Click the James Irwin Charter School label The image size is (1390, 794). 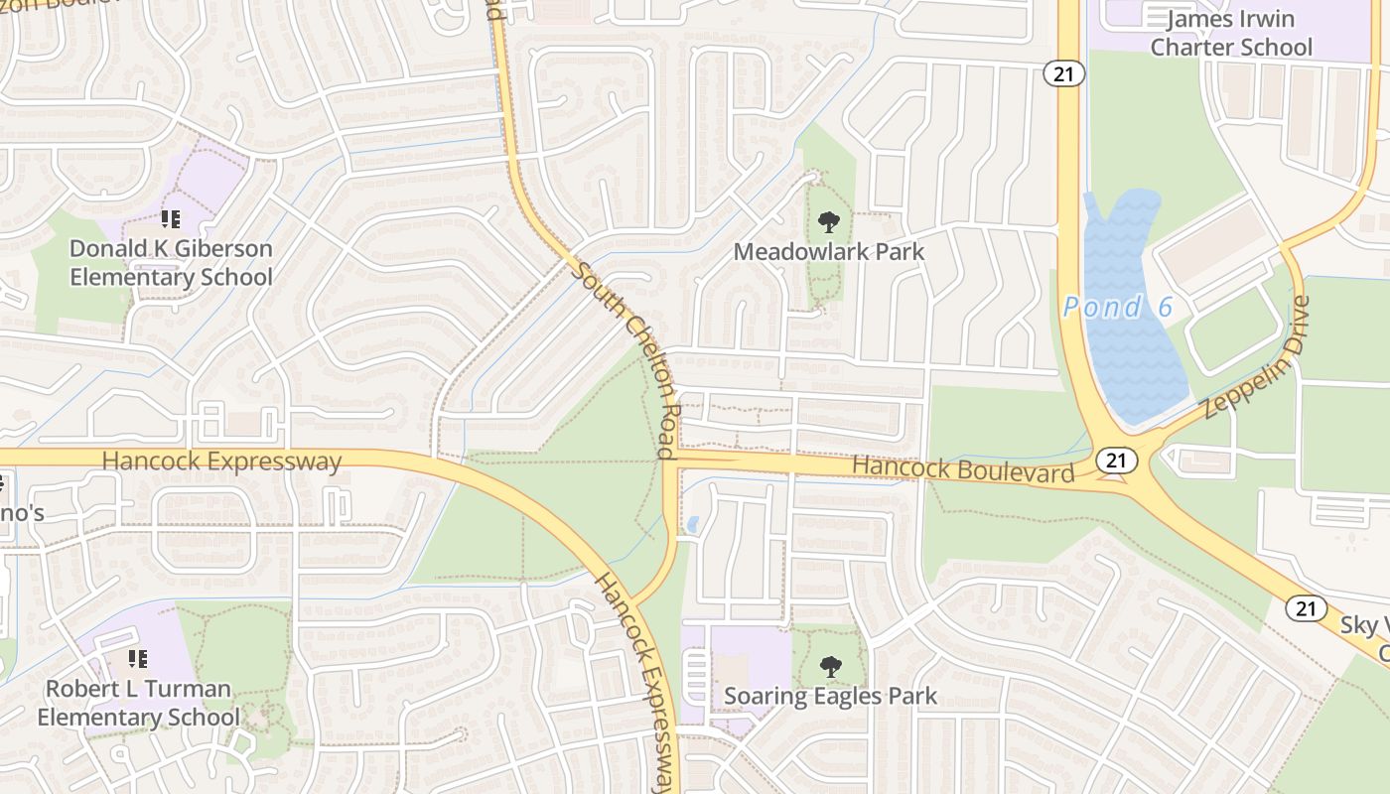click(1231, 33)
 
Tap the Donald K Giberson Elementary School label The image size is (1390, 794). click(171, 262)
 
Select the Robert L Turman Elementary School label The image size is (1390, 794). click(138, 703)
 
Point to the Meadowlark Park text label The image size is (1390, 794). click(829, 252)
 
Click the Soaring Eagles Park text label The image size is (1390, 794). click(830, 696)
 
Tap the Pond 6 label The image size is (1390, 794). click(1118, 308)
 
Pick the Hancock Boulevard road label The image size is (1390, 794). click(963, 467)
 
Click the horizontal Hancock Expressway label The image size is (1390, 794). click(221, 462)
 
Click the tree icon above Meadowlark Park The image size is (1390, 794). click(829, 222)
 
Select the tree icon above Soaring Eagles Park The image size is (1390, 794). click(830, 667)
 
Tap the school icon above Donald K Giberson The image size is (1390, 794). click(171, 218)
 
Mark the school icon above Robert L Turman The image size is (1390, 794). click(138, 658)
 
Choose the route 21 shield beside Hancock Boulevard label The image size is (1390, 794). click(1117, 460)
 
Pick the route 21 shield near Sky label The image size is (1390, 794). click(1307, 608)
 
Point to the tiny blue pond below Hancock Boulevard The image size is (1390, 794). click(692, 523)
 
